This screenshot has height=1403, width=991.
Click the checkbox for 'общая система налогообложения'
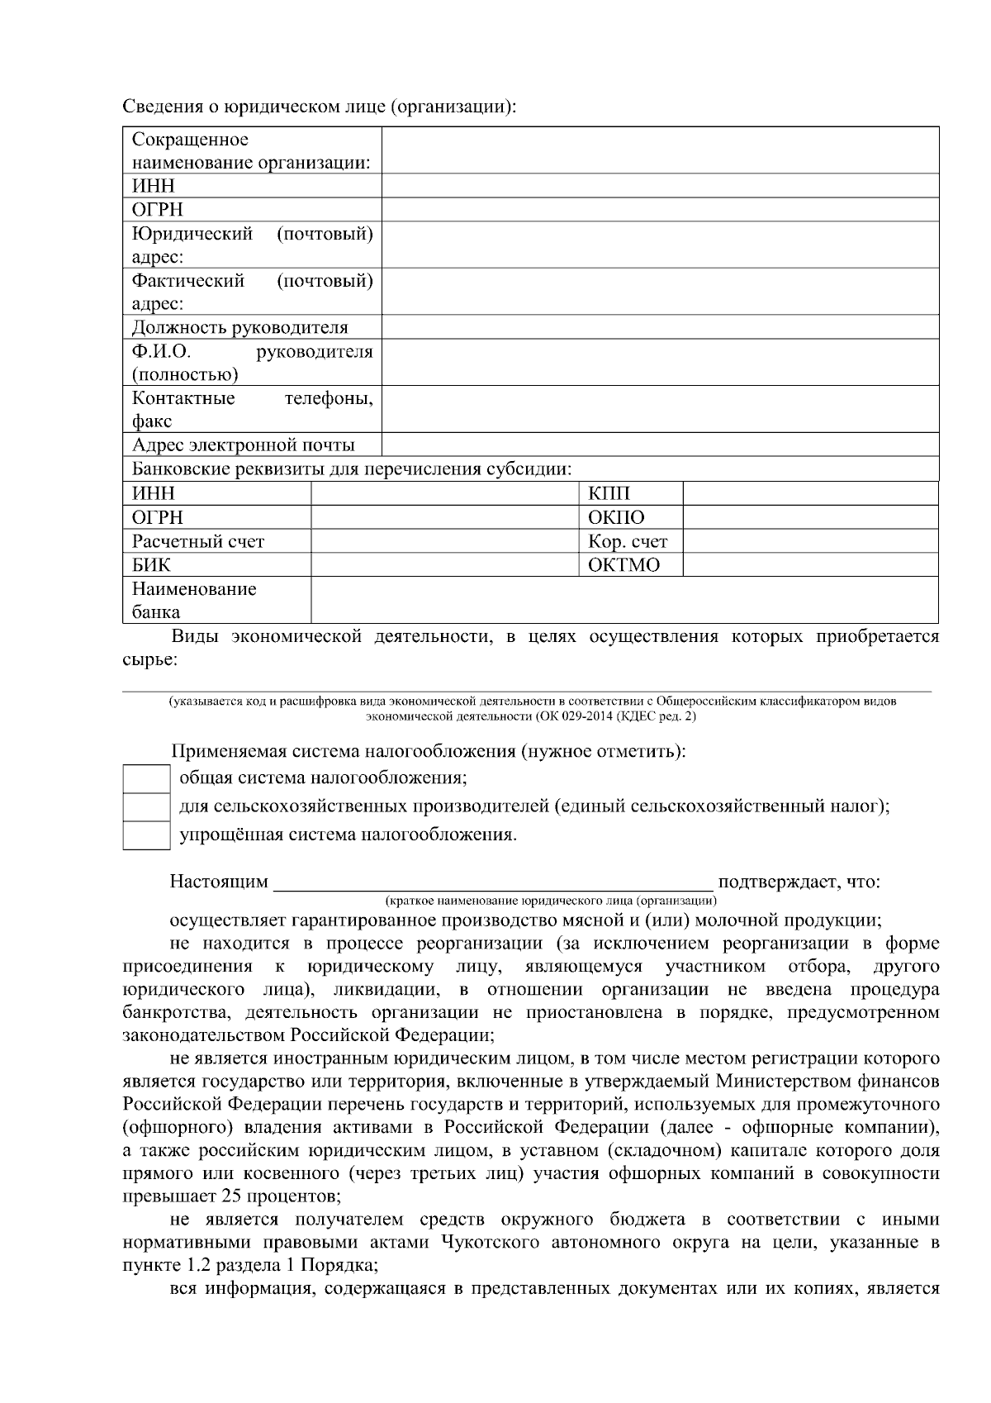click(x=146, y=778)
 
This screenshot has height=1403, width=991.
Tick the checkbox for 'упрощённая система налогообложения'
click(x=146, y=835)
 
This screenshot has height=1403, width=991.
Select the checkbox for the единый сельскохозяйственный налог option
click(x=146, y=806)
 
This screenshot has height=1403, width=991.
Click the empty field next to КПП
click(x=810, y=494)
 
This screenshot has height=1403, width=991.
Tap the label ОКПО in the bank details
click(x=616, y=518)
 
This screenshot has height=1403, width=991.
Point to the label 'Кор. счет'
click(x=628, y=542)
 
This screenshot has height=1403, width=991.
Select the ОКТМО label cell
click(x=624, y=565)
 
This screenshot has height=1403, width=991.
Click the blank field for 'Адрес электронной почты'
click(x=660, y=445)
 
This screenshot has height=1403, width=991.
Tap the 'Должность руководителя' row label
click(x=239, y=328)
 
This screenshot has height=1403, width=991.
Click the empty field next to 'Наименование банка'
click(x=624, y=601)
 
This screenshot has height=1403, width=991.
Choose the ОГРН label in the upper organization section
click(x=158, y=210)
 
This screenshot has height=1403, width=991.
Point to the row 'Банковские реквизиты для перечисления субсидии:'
click(x=352, y=470)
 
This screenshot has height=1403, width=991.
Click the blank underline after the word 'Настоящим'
click(x=493, y=882)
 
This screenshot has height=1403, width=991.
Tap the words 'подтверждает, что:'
click(x=799, y=882)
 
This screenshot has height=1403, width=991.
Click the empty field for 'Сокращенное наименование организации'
click(x=660, y=150)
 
